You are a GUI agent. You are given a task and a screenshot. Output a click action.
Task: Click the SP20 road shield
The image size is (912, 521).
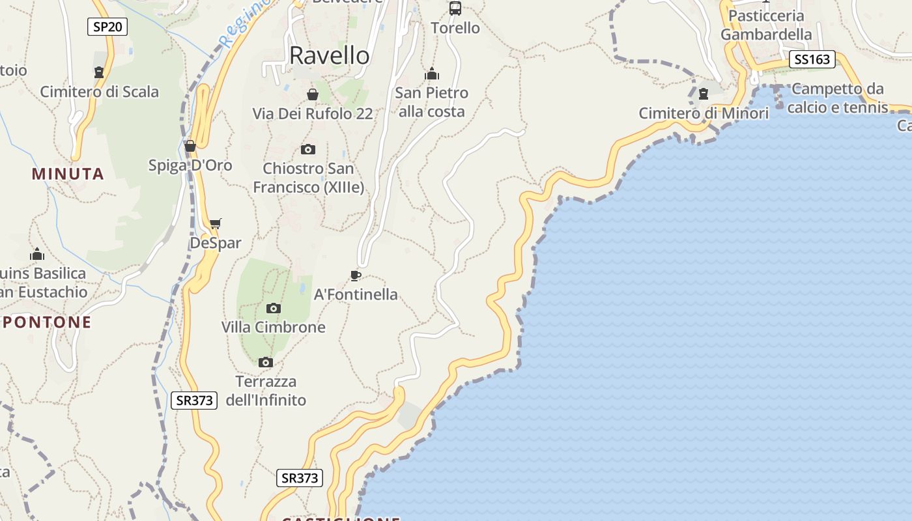107,27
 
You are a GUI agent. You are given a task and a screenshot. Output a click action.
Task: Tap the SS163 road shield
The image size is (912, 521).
812,60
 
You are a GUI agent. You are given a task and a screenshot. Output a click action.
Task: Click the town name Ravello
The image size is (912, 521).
329,55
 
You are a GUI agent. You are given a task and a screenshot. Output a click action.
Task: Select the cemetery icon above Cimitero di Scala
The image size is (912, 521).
99,72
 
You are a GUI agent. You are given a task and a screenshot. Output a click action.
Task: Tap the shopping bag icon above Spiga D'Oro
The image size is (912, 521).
190,146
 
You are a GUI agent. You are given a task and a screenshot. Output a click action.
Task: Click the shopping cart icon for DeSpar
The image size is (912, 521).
215,224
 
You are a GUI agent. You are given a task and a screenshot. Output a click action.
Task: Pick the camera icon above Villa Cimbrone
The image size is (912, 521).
274,308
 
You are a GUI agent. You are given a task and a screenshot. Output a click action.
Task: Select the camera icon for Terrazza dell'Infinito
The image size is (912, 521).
265,362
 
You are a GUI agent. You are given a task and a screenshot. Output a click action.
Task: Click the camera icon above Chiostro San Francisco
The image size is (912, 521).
308,149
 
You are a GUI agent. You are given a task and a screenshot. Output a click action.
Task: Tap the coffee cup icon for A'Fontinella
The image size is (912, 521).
355,275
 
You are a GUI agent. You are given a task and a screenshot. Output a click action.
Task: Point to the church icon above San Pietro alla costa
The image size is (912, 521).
431,74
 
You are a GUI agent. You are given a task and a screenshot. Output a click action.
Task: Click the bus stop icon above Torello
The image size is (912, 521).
455,8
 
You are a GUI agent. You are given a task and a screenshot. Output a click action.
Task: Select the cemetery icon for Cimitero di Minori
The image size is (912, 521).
704,94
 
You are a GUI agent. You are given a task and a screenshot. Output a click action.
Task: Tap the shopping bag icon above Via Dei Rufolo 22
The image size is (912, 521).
313,94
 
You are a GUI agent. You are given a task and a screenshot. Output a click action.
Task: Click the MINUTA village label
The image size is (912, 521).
68,174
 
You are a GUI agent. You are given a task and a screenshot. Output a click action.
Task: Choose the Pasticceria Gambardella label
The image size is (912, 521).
766,25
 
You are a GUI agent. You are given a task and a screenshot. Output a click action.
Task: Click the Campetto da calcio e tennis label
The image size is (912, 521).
838,98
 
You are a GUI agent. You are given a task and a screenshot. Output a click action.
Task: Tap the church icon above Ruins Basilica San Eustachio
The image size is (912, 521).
37,254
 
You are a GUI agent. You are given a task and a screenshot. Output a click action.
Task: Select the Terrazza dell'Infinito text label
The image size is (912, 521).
266,391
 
